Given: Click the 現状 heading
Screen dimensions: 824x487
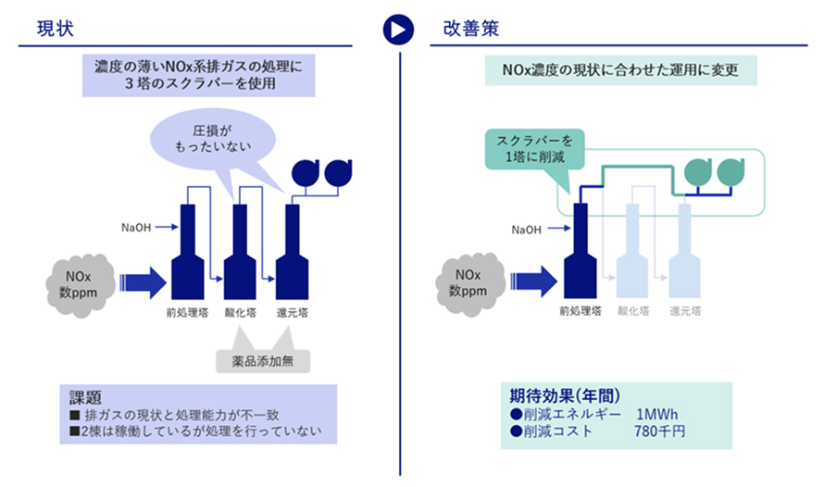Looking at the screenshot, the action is [x=56, y=29].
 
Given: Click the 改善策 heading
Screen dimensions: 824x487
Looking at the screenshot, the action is [x=471, y=29].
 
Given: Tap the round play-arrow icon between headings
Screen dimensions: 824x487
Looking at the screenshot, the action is [x=398, y=30].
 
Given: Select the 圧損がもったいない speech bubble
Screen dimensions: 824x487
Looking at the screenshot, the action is [x=213, y=139].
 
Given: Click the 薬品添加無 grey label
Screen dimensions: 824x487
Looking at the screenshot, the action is [x=263, y=361].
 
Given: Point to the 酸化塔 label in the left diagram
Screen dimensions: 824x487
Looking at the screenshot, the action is [x=240, y=313].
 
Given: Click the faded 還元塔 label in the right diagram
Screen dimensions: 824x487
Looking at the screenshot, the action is [x=685, y=311].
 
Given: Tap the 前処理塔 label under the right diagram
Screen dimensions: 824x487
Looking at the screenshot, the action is [x=581, y=311].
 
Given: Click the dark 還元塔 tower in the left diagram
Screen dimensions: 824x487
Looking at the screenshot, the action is [x=293, y=252].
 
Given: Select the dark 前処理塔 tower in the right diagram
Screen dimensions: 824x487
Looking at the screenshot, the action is [x=581, y=251].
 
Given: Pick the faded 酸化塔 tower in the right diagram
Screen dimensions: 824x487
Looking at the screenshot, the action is [x=632, y=251].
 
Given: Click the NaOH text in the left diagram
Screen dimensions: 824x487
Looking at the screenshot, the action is [x=136, y=228].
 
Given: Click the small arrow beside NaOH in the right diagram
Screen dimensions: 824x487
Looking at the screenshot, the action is [x=559, y=229].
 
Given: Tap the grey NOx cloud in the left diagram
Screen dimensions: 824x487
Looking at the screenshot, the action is [x=79, y=285].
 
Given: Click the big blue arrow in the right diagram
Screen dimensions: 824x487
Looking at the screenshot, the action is [x=534, y=281].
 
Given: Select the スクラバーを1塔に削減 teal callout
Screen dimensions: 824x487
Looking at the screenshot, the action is [x=534, y=149].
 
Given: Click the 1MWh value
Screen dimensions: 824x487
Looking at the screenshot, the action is [x=657, y=415].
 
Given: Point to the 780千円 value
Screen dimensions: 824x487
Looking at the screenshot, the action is [x=659, y=431].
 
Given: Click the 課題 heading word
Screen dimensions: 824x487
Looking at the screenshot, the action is [x=85, y=397].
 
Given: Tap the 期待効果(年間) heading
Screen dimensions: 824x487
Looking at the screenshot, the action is [x=565, y=395].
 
